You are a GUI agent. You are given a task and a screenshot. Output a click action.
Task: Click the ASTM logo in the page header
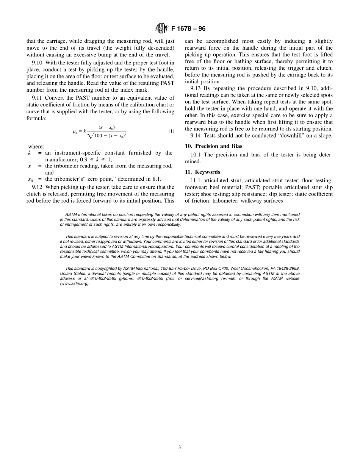pyautogui.click(x=161, y=28)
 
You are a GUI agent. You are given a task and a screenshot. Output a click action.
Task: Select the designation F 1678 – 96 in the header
pyautogui.click(x=188, y=29)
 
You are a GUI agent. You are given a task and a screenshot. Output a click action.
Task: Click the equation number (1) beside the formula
pyautogui.click(x=171, y=131)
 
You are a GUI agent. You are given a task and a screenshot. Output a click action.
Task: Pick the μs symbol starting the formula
pyautogui.click(x=75, y=131)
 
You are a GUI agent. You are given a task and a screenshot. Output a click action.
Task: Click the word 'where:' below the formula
pyautogui.click(x=36, y=147)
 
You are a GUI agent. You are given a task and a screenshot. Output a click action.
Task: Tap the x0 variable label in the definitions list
pyautogui.click(x=31, y=180)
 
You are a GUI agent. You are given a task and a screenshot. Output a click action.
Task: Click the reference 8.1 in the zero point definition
pyautogui.click(x=156, y=179)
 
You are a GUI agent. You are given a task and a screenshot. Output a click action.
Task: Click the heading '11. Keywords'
pyautogui.click(x=202, y=172)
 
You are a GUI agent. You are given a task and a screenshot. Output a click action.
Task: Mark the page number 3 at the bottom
pyautogui.click(x=180, y=447)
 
